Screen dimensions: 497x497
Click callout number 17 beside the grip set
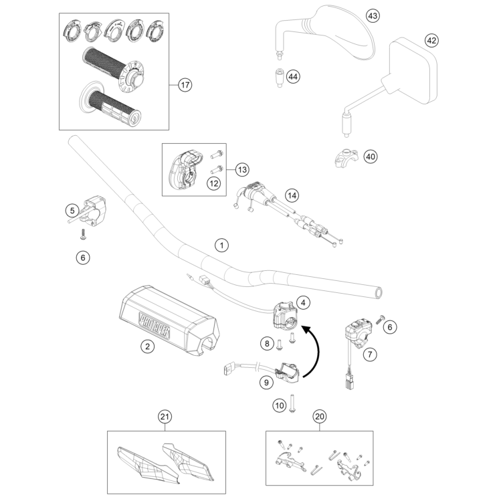pyautogui.click(x=185, y=85)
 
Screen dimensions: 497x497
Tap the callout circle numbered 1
pyautogui.click(x=221, y=245)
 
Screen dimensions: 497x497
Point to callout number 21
pyautogui.click(x=164, y=417)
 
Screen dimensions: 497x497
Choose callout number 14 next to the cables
pyautogui.click(x=291, y=196)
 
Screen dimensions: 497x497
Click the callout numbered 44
pyautogui.click(x=292, y=77)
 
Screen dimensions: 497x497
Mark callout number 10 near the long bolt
pyautogui.click(x=279, y=405)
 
